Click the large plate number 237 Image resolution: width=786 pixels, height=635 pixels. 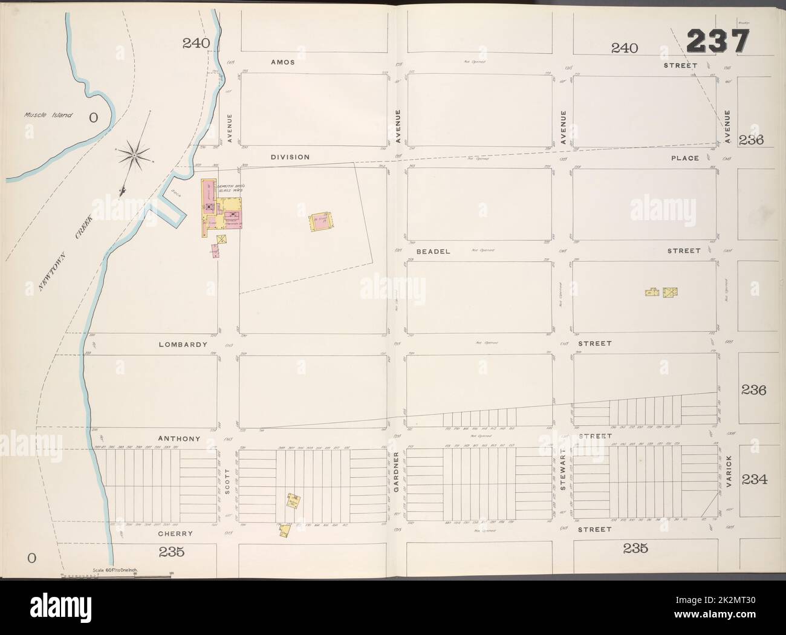(718, 43)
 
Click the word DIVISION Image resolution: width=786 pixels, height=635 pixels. (290, 157)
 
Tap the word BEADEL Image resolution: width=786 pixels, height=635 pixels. (434, 251)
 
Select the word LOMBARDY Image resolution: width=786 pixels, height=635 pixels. (179, 345)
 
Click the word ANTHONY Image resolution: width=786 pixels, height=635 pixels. (178, 438)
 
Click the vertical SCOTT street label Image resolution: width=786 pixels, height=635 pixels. (228, 482)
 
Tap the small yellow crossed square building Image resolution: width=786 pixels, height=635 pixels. (222, 239)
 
